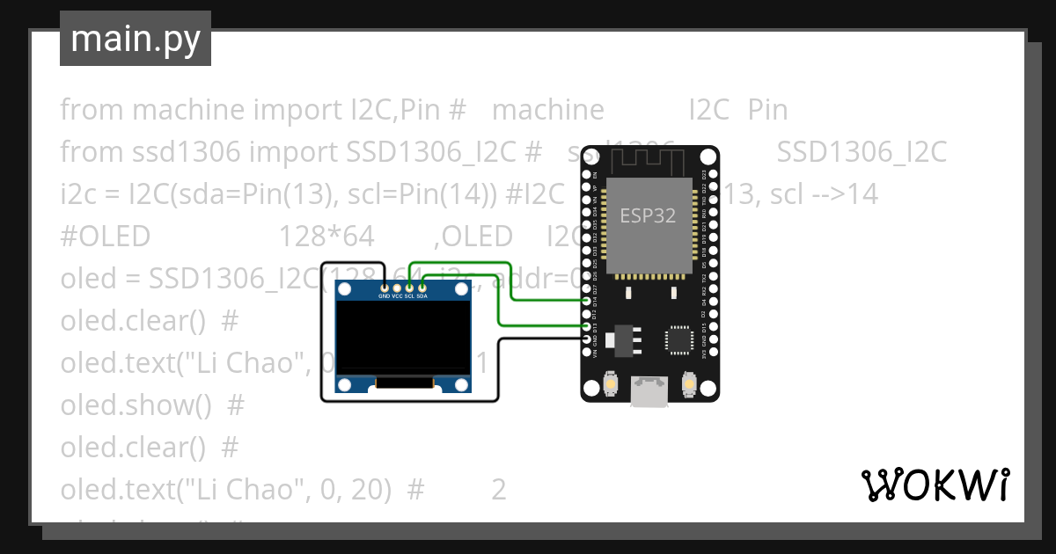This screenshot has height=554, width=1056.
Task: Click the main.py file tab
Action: coord(135,39)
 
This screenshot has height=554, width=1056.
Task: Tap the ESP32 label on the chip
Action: coord(648,215)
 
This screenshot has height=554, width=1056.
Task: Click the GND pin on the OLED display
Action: coord(385,288)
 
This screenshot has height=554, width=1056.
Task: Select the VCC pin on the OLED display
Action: coord(397,288)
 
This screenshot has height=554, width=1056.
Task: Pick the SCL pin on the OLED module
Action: coord(409,288)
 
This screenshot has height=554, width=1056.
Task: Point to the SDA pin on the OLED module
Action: coord(422,288)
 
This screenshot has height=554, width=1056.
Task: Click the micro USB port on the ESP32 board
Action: coord(649,392)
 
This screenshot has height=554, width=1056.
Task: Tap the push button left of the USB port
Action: coord(610,384)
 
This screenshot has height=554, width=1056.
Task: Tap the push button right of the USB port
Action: coord(689,384)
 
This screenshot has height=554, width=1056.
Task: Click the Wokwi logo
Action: coord(934,485)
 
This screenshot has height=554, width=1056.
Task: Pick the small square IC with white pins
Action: coord(679,339)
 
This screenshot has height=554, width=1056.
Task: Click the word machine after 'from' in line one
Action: coord(187,110)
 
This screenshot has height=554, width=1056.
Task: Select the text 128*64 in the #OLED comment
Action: coord(326,237)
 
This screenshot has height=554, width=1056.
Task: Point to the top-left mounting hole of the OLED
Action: coord(346,288)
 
